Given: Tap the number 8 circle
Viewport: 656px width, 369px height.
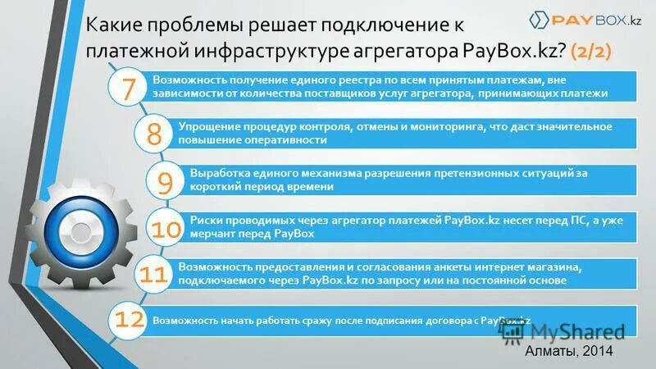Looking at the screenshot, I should (x=153, y=134).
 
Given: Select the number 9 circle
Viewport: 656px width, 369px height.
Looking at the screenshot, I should (x=165, y=180).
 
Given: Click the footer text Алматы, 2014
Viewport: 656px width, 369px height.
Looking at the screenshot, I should (x=570, y=350).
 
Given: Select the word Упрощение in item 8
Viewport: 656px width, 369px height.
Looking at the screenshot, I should (x=205, y=126).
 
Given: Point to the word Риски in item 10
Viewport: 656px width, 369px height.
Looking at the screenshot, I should (x=203, y=221).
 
